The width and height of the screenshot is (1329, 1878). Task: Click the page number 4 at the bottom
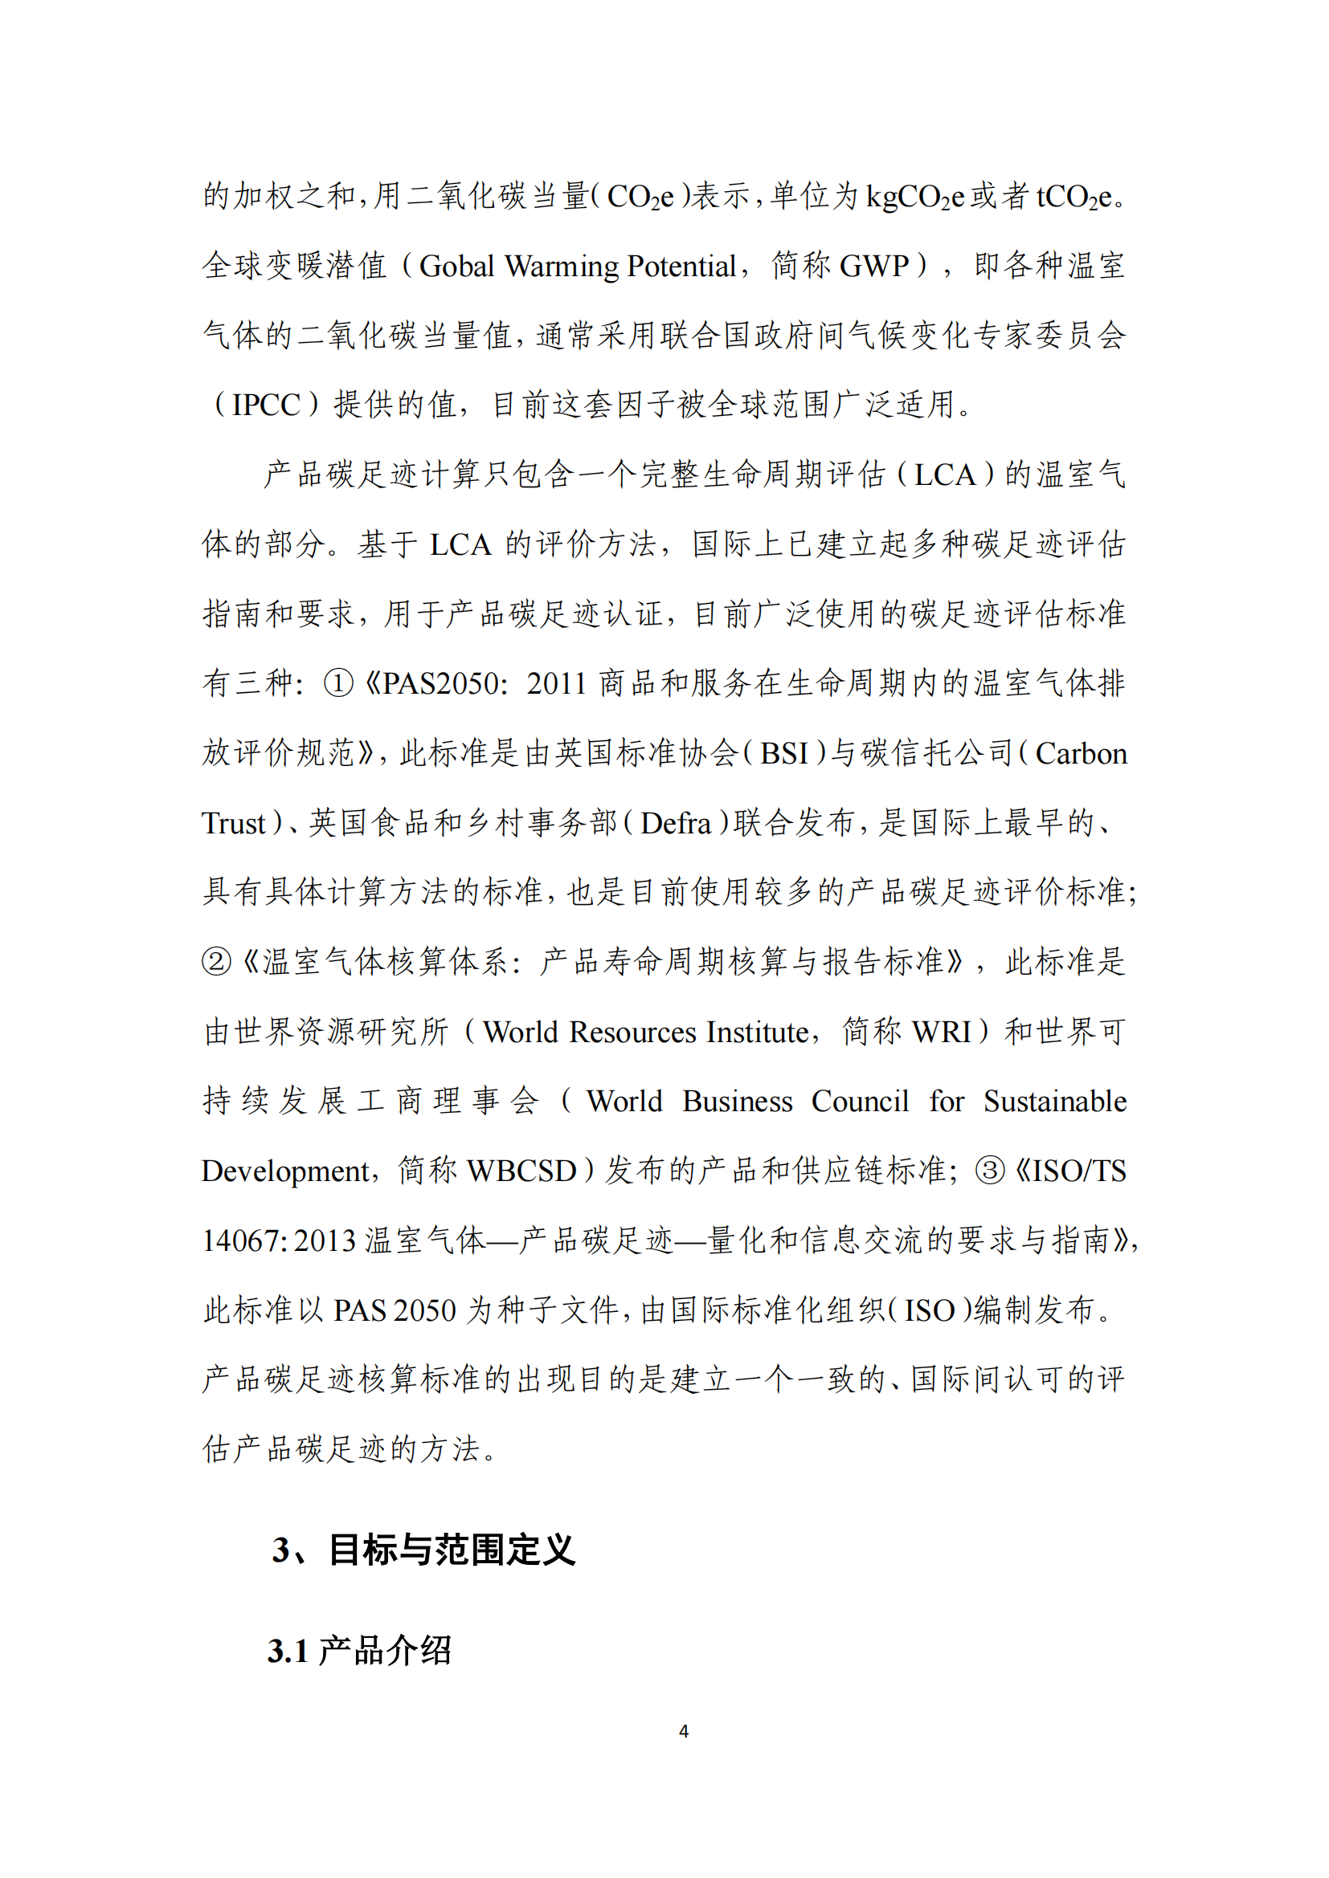coord(683,1732)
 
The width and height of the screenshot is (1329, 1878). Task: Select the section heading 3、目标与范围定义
coord(424,1549)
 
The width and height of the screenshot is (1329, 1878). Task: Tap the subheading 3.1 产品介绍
coord(359,1651)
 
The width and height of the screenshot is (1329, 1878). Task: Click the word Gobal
coord(456,267)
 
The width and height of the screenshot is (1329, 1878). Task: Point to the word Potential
coord(681,267)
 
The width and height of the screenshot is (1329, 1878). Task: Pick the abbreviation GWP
coord(874,267)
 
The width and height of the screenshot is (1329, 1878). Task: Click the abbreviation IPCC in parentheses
coord(266,405)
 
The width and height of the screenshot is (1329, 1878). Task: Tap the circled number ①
coord(338,683)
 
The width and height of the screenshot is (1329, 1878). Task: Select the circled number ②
coord(216,961)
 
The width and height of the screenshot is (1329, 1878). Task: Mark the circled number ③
coord(989,1171)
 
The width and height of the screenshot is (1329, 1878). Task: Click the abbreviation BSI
coord(784,753)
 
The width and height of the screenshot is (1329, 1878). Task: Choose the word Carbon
coord(1080,753)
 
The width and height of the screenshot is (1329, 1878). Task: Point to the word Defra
coord(675,823)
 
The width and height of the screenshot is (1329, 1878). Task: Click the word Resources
coord(633,1033)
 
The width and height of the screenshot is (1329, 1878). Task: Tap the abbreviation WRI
coord(941,1033)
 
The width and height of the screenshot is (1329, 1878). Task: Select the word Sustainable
coord(1054,1102)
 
